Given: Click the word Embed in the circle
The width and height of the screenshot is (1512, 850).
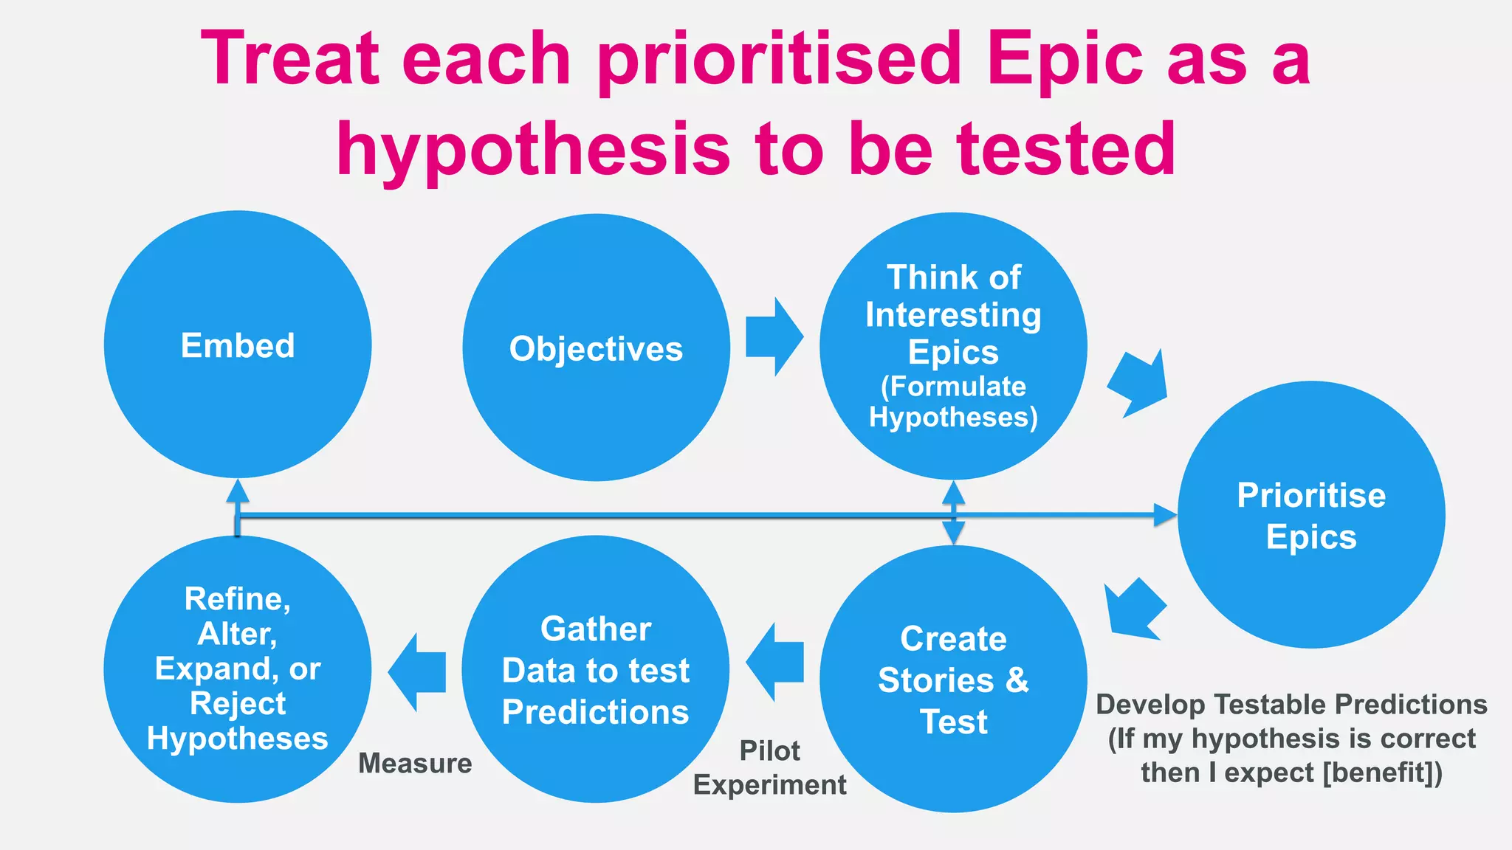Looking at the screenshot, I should click(237, 345).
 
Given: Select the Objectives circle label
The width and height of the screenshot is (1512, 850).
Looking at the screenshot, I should click(596, 349).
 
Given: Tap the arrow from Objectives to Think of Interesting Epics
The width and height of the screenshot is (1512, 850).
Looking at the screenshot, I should click(773, 337).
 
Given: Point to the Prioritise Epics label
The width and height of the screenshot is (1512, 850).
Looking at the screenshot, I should click(1311, 516).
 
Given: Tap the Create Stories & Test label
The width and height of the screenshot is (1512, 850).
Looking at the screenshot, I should click(953, 680).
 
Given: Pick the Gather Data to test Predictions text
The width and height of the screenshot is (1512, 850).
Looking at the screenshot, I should click(596, 670).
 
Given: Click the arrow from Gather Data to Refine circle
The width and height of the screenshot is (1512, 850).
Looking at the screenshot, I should click(417, 672).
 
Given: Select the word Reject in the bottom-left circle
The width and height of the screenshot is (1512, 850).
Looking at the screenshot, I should click(237, 703).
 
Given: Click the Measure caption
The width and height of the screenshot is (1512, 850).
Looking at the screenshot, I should click(415, 763).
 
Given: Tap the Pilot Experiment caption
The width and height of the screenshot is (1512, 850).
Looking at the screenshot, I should click(769, 767).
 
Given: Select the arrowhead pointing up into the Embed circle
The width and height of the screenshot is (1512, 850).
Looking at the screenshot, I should click(237, 491).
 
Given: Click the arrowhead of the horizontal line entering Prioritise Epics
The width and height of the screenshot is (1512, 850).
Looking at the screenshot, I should click(1165, 515).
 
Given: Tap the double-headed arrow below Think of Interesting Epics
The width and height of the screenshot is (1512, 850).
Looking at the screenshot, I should click(953, 512).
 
